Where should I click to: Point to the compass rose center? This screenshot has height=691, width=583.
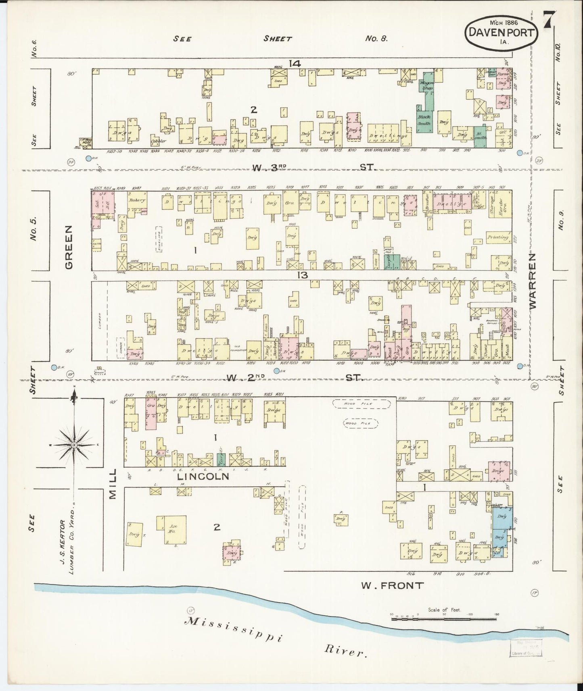[x=74, y=444]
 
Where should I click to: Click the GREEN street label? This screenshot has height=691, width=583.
[x=69, y=247]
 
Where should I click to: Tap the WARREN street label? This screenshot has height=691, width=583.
[x=533, y=281]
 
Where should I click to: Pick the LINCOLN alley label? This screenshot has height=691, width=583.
[x=204, y=477]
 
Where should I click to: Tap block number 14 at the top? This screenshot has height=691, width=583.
[x=295, y=63]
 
